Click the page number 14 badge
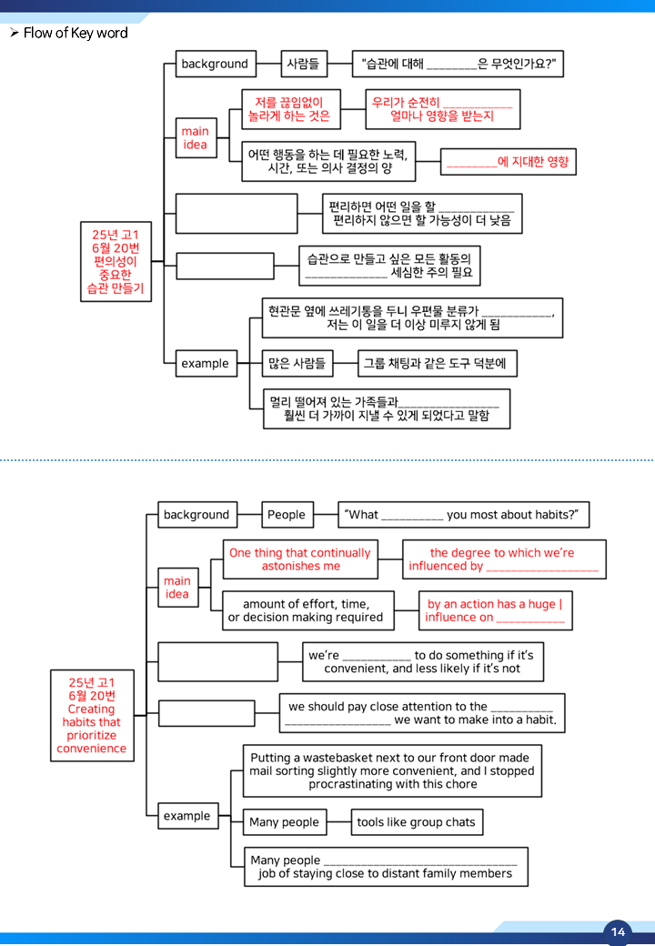point(618,932)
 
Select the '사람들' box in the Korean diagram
point(304,64)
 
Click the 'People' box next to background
point(287,515)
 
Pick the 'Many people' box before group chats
point(285,821)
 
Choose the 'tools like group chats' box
point(417,821)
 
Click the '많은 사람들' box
point(297,363)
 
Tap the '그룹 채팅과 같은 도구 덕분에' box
point(438,363)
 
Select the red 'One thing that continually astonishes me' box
point(300,559)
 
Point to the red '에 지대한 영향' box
point(508,162)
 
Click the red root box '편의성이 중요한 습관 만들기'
point(116,261)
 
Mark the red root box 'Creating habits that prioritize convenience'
point(92,716)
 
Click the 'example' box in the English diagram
point(187,816)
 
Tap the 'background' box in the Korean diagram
point(216,64)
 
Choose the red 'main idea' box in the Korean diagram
point(196,138)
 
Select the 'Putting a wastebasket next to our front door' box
point(392,771)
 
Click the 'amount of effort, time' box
point(308,610)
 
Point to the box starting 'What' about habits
point(463,515)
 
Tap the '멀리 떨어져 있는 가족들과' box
point(387,409)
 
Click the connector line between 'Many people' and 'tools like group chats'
point(339,821)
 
